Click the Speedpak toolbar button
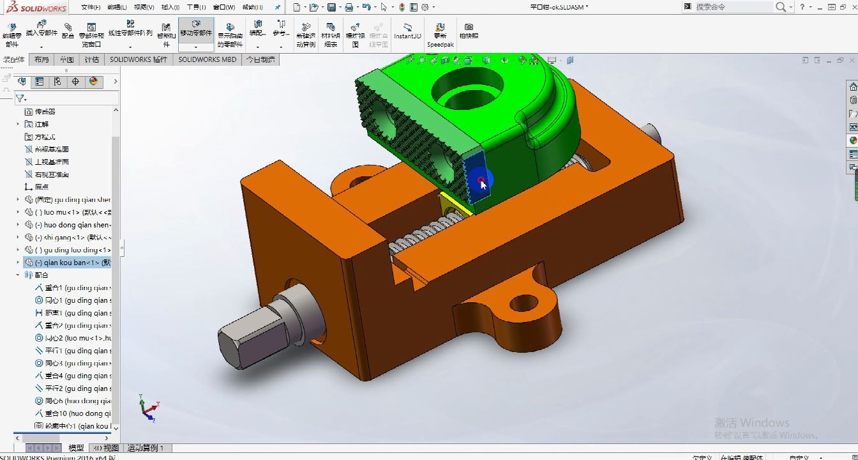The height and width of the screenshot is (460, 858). click(x=440, y=35)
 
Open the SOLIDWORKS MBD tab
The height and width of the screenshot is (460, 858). click(x=207, y=59)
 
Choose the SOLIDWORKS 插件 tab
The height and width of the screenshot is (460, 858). click(x=138, y=59)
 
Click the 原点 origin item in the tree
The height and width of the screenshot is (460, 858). click(x=41, y=187)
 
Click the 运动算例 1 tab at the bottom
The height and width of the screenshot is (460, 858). click(x=146, y=448)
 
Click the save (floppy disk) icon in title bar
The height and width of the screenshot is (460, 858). click(x=331, y=8)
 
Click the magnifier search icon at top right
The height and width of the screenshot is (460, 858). click(x=781, y=7)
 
